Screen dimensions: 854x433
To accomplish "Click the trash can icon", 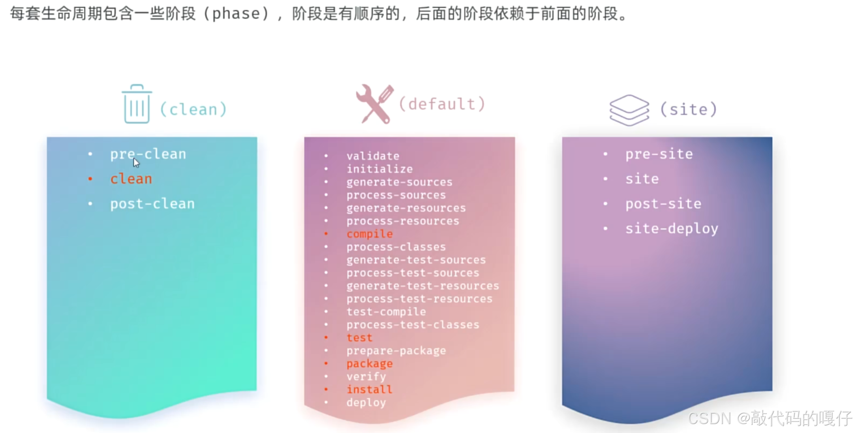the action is click(x=137, y=104).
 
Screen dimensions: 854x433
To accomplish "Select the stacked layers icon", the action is click(x=629, y=110).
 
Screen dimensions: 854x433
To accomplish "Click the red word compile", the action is click(x=369, y=234).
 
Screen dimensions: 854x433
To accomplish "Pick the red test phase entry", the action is click(x=359, y=338).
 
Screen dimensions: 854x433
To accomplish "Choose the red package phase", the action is click(x=369, y=364).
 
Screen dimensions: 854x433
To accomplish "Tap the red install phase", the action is click(x=369, y=390).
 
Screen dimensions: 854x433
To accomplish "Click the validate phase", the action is click(x=372, y=156).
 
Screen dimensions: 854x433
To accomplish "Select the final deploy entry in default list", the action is click(x=366, y=403).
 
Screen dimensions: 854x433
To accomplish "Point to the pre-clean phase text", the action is click(x=148, y=154).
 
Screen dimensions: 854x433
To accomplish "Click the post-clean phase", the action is click(x=152, y=204).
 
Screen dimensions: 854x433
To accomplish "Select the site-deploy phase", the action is click(x=672, y=229).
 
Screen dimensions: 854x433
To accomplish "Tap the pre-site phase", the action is click(x=659, y=154).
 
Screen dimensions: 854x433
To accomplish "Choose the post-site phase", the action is click(x=663, y=204).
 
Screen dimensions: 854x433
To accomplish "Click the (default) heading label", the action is click(x=442, y=104).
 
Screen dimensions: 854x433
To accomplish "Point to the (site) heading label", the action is click(x=689, y=109).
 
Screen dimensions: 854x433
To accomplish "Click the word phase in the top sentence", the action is click(x=236, y=14).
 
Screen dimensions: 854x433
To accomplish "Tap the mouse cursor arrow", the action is click(x=136, y=163).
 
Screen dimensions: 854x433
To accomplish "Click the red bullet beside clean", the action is click(x=90, y=179).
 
